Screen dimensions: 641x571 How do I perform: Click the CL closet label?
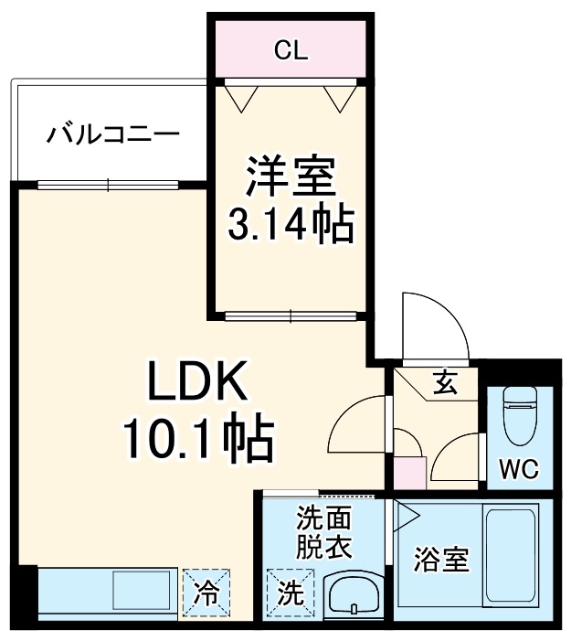[x=291, y=51]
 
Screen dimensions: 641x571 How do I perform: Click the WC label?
[x=518, y=470]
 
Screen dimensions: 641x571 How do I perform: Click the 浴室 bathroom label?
[x=440, y=560]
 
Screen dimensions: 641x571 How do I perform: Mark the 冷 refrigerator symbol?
[x=206, y=593]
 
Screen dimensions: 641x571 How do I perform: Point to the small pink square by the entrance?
[x=409, y=474]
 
